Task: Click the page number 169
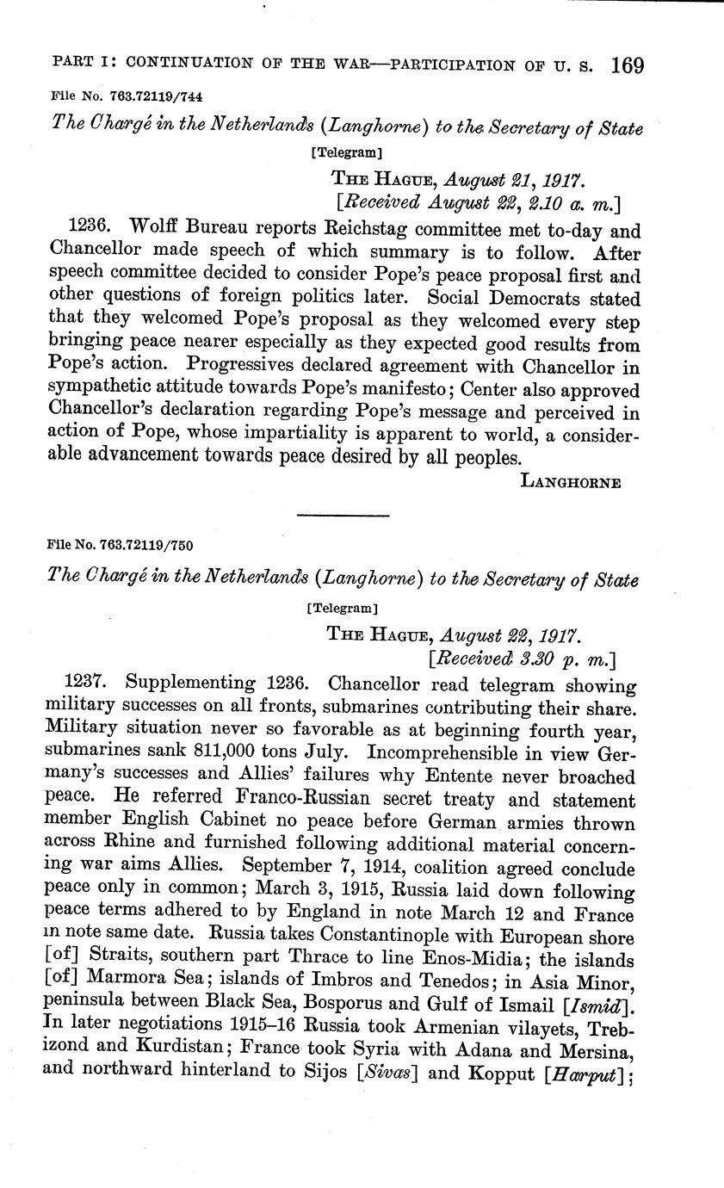[x=627, y=66]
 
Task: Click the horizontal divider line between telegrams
[x=343, y=515]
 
